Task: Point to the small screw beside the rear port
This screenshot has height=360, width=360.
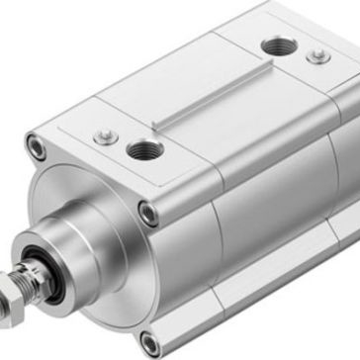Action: (319, 56)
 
